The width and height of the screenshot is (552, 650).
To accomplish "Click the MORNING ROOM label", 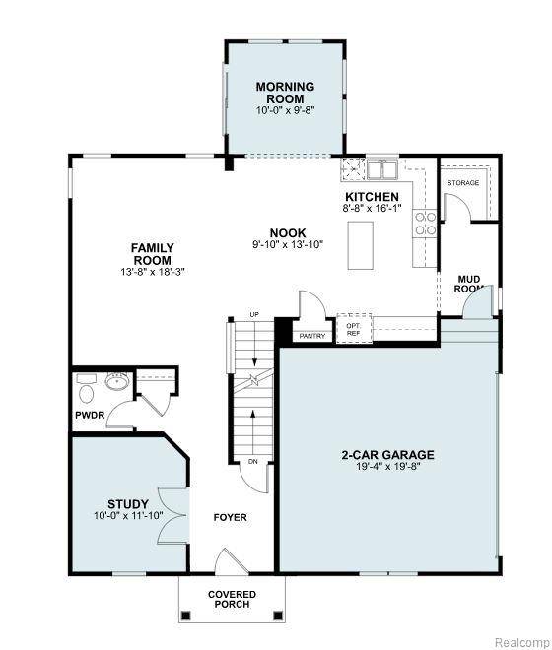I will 285,93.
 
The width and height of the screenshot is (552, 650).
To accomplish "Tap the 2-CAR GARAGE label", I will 387,455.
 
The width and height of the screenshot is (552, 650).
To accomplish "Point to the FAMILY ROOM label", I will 153,253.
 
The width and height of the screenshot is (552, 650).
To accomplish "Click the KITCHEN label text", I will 372,197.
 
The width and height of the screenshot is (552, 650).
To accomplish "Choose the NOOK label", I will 288,233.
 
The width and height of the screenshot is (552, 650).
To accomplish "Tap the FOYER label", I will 231,517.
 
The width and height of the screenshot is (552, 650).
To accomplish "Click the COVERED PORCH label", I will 232,599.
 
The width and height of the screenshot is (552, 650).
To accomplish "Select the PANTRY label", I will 311,336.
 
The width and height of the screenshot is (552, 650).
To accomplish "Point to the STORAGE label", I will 463,183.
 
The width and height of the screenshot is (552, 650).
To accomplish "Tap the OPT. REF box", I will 353,329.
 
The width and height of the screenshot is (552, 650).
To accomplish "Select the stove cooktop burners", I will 426,224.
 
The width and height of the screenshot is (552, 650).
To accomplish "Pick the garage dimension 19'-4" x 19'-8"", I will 387,468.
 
